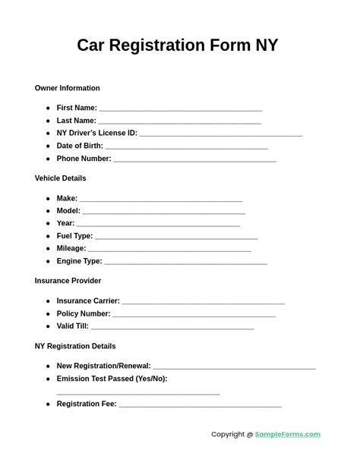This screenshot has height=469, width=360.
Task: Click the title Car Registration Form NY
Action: pyautogui.click(x=177, y=46)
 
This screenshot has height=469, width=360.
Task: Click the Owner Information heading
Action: pyautogui.click(x=67, y=88)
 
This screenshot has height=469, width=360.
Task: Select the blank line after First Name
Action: pyautogui.click(x=180, y=110)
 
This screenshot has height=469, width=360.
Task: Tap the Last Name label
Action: pyautogui.click(x=76, y=121)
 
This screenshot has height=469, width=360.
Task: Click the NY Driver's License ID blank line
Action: pyautogui.click(x=221, y=135)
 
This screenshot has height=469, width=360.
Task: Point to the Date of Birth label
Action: pyautogui.click(x=80, y=146)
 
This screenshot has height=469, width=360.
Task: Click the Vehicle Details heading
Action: pyautogui.click(x=60, y=178)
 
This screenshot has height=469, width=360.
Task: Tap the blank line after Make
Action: pyautogui.click(x=161, y=200)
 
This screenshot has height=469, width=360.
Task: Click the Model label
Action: pyautogui.click(x=68, y=211)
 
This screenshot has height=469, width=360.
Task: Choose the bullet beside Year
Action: pyautogui.click(x=48, y=224)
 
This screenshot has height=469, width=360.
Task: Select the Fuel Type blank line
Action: pyautogui.click(x=176, y=238)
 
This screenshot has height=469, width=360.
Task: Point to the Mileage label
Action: pyautogui.click(x=71, y=248)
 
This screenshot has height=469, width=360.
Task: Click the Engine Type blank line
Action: pyautogui.click(x=185, y=263)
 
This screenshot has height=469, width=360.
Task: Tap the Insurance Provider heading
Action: pyautogui.click(x=68, y=281)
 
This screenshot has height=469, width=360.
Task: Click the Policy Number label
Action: pyautogui.click(x=84, y=313)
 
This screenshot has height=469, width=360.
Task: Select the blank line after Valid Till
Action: pyautogui.click(x=172, y=328)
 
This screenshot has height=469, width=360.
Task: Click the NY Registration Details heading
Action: pyautogui.click(x=75, y=346)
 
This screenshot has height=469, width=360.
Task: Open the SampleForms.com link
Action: pyautogui.click(x=287, y=435)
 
